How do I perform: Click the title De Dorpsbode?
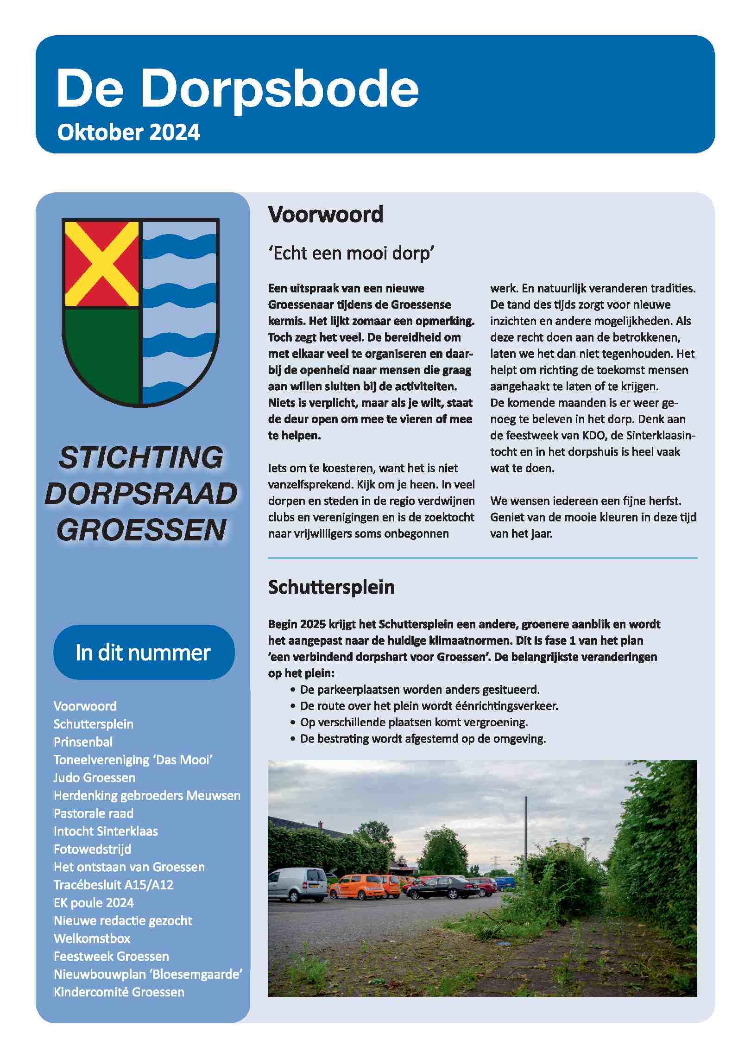[x=237, y=88]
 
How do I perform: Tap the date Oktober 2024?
[x=128, y=133]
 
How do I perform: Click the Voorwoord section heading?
[x=325, y=215]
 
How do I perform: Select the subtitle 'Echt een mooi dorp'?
[x=351, y=254]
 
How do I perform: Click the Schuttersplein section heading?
[x=331, y=587]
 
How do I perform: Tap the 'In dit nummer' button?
[x=144, y=653]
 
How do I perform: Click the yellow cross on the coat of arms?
[x=101, y=264]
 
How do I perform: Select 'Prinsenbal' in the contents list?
[x=83, y=742]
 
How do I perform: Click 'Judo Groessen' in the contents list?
[x=95, y=778]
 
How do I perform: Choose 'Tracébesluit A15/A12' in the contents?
[x=114, y=885]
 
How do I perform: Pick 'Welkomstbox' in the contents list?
[x=92, y=939]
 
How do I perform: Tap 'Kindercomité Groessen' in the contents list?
[x=119, y=992]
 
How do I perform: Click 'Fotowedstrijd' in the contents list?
[x=92, y=849]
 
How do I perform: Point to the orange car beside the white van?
[x=357, y=886]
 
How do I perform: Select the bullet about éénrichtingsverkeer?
[x=429, y=706]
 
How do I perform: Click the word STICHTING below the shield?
[x=141, y=457]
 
